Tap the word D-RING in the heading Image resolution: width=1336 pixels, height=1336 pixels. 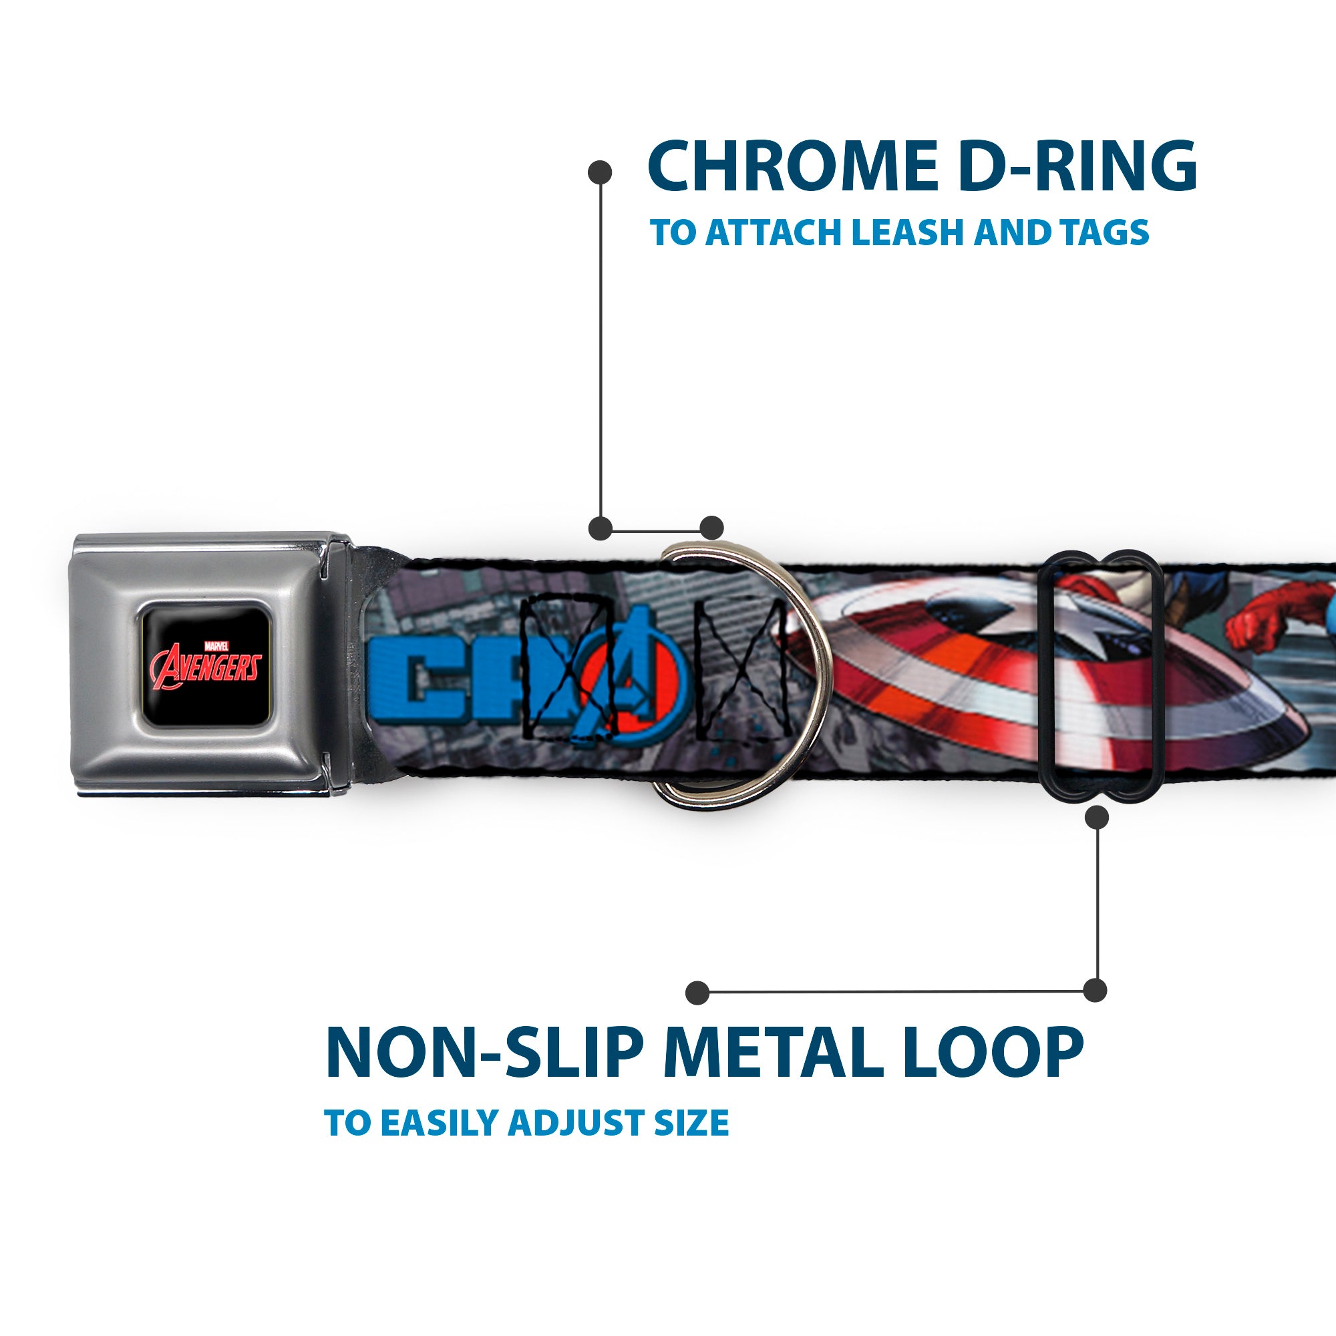(1078, 166)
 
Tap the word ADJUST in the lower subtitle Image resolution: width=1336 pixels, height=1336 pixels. (576, 1122)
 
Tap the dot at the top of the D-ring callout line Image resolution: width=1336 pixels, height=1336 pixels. (600, 172)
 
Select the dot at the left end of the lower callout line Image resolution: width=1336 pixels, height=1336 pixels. (698, 993)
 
